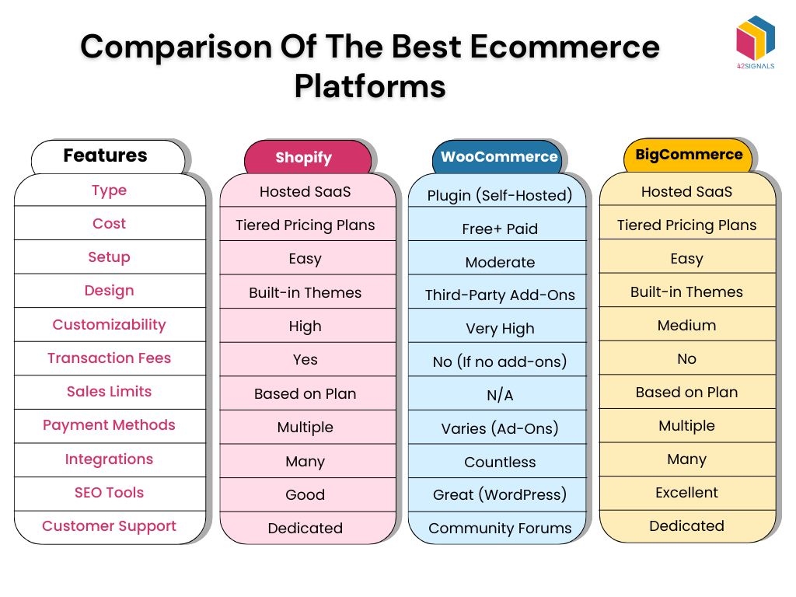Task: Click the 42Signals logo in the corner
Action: (755, 42)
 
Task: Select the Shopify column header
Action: (303, 158)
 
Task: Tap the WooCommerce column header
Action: (499, 157)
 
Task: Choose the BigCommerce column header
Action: (689, 155)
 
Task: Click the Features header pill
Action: (106, 156)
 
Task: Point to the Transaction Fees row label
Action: (109, 358)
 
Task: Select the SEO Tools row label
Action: (109, 493)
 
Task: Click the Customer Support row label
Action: (109, 526)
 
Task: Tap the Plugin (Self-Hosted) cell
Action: (499, 196)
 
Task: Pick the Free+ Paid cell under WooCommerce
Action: (499, 229)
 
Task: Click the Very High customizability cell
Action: (499, 329)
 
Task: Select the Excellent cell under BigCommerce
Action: (686, 493)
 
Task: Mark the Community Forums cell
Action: (499, 529)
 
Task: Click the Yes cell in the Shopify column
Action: (305, 360)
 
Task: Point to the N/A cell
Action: (499, 396)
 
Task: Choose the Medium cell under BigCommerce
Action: (686, 326)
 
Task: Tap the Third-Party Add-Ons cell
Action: (499, 295)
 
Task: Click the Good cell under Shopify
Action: (305, 495)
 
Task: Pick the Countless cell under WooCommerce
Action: (499, 463)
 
